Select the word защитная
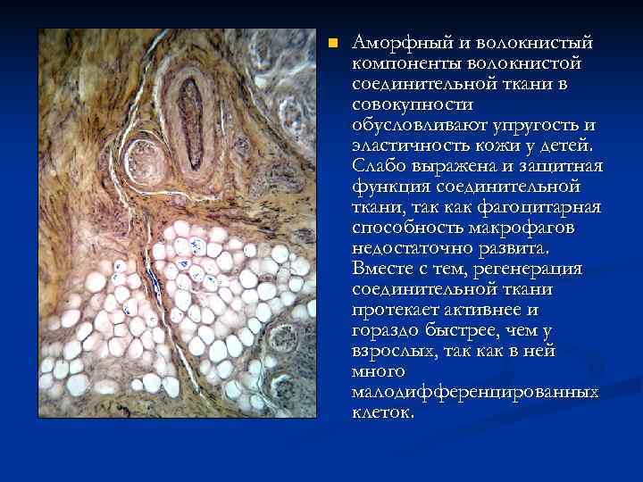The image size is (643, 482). tap(557, 166)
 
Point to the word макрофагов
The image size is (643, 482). tap(518, 228)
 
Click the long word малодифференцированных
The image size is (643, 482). tap(474, 392)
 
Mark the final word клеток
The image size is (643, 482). tap(383, 412)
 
